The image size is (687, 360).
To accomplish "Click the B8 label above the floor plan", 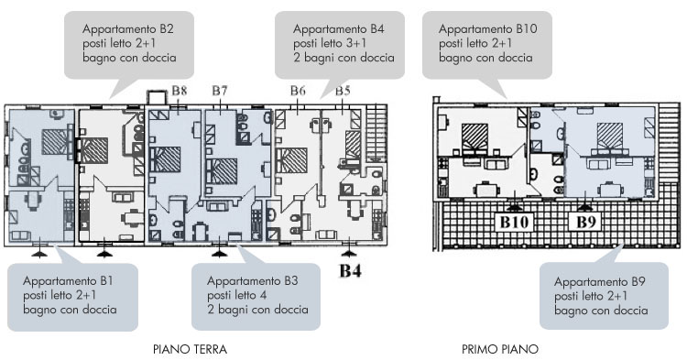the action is tap(180, 91).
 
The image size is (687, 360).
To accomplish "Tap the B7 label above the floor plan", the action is tap(220, 91).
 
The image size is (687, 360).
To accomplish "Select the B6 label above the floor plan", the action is tap(298, 91).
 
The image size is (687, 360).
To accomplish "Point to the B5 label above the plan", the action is tap(343, 91).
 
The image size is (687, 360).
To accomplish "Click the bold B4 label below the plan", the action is tap(351, 271).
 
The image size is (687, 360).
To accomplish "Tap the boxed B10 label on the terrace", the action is tap(514, 222).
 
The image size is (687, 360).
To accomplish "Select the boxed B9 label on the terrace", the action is tap(586, 222).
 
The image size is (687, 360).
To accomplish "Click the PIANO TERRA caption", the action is tap(191, 350).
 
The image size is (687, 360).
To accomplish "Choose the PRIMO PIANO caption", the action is tap(500, 350).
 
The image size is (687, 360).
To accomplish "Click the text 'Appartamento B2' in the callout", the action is tap(128, 29).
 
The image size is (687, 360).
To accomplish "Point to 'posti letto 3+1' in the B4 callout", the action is tap(330, 43).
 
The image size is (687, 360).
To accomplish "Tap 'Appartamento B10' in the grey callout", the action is tap(488, 29).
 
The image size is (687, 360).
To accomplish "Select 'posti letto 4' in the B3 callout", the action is tap(237, 295).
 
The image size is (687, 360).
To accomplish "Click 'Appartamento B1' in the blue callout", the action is tap(68, 280).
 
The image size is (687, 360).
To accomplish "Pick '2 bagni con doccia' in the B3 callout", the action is tap(257, 310).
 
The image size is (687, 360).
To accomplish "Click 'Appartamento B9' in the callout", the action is tap(599, 281).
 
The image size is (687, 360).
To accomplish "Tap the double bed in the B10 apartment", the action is tap(474, 137).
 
